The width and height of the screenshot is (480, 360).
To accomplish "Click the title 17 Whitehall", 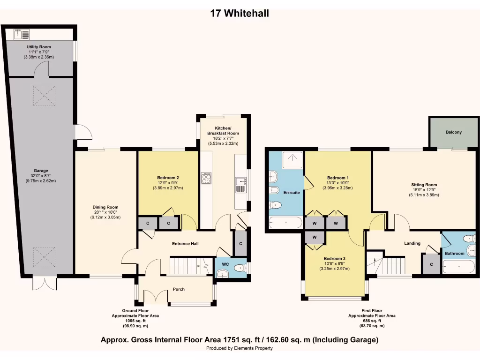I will pyautogui.click(x=240, y=14).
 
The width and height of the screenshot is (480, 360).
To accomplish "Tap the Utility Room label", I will pyautogui.click(x=39, y=47).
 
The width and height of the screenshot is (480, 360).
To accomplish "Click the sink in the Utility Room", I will pyautogui.click(x=22, y=34).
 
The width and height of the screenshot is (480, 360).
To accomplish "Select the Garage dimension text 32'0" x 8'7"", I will pyautogui.click(x=41, y=176).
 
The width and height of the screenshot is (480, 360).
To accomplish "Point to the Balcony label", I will pyautogui.click(x=453, y=132).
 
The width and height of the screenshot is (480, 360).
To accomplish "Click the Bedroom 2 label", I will pyautogui.click(x=168, y=178).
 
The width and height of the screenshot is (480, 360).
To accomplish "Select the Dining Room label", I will pyautogui.click(x=105, y=207).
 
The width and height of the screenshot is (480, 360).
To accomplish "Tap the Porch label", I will pyautogui.click(x=179, y=289).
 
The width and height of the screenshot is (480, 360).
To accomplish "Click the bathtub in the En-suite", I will pyautogui.click(x=286, y=222).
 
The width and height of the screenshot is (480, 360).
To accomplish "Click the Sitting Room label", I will pyautogui.click(x=424, y=185).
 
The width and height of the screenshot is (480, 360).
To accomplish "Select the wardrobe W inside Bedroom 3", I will pyautogui.click(x=315, y=238).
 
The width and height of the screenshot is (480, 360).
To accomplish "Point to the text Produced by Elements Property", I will pyautogui.click(x=240, y=348).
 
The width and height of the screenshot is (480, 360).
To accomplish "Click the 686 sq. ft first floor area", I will pyautogui.click(x=371, y=321).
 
